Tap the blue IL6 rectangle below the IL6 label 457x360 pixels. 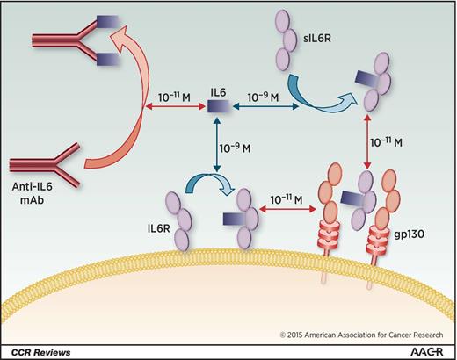point(217,107)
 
